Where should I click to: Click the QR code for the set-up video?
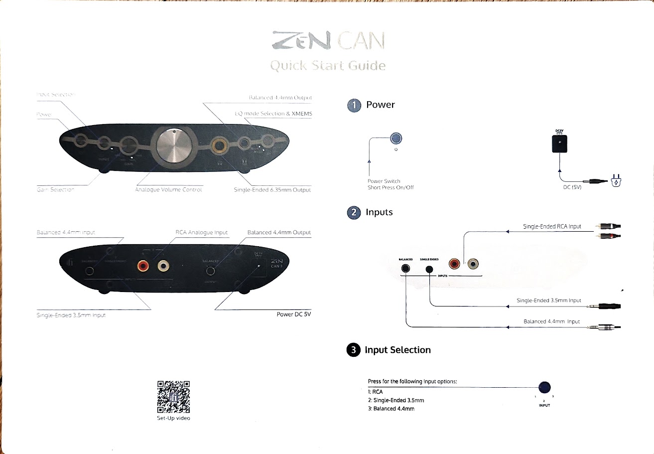(173, 397)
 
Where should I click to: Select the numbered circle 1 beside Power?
(354, 105)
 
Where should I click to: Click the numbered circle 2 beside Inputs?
(354, 212)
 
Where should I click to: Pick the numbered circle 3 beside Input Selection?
(353, 350)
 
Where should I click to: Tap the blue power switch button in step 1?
(396, 139)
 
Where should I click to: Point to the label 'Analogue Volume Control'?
(168, 190)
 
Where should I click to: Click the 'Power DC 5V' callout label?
(293, 314)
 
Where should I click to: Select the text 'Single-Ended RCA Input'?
(552, 226)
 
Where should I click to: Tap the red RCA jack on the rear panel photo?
(143, 266)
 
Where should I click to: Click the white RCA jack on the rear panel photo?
(162, 266)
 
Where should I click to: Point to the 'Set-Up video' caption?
(173, 418)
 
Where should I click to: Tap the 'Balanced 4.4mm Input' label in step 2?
(551, 321)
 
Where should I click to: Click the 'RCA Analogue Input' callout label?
(201, 232)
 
